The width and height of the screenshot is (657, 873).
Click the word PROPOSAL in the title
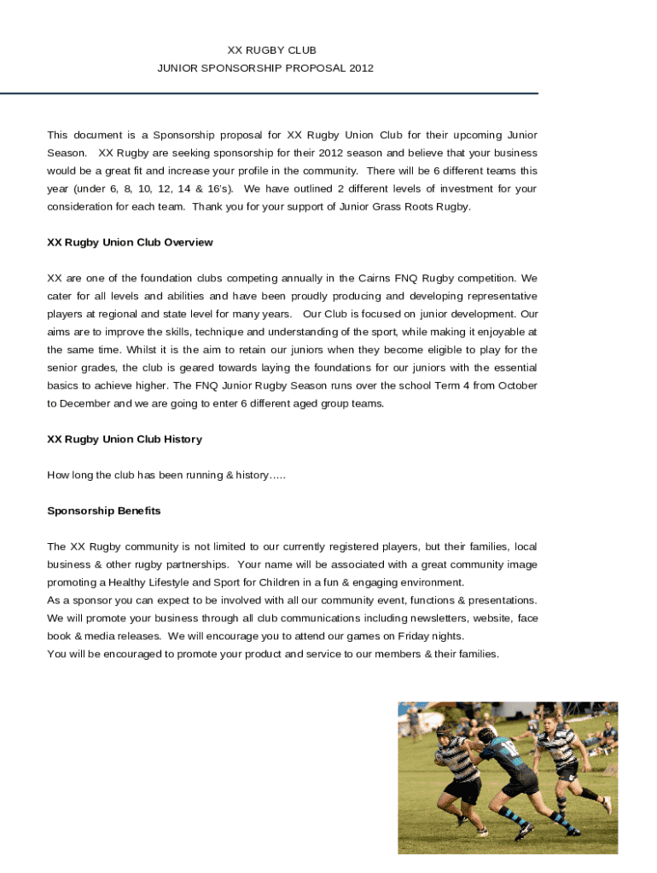pos(320,68)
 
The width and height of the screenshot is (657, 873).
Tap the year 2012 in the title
pos(361,68)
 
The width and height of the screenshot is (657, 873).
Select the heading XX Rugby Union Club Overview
pos(130,243)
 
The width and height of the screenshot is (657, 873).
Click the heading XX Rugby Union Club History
pos(125,440)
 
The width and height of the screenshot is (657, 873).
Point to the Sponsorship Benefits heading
pos(104,512)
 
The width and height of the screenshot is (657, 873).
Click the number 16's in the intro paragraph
pos(217,189)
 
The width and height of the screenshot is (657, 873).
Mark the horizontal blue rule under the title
pos(269,93)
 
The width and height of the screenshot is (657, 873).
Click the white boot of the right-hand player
pos(607,805)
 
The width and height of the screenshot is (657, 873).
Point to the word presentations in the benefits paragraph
pos(502,601)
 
